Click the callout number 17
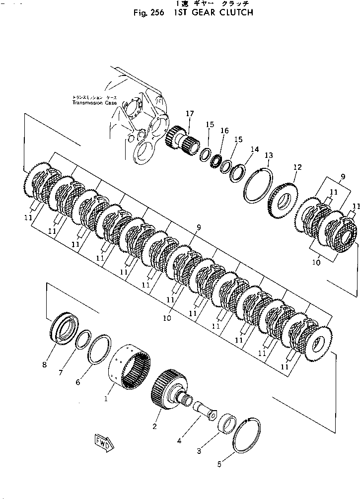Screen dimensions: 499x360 190,114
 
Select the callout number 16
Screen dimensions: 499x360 224,131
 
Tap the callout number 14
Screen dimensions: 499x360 254,149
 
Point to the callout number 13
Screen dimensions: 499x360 268,155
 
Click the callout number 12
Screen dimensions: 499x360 297,167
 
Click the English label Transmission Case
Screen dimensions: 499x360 94,103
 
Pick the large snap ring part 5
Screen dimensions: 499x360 244,432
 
